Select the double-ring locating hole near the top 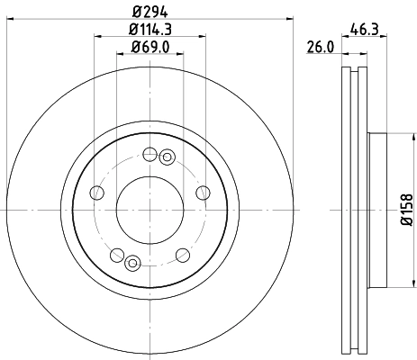tap(166, 158)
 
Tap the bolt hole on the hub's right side tap(202, 193)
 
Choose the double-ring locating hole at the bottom tap(132, 263)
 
